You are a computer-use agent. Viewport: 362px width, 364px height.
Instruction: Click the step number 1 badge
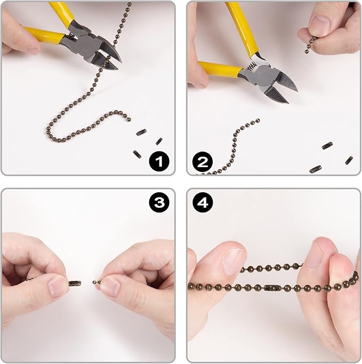159,161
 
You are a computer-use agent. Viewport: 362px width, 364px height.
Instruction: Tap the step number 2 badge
203,161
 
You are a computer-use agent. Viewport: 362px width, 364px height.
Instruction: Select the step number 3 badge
159,202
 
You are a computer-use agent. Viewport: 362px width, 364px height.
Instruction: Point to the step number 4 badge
203,202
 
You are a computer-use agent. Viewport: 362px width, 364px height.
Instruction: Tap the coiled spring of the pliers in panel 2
252,67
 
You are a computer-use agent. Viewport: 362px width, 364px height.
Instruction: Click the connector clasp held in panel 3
75,283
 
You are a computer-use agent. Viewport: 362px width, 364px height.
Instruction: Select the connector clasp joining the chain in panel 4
273,288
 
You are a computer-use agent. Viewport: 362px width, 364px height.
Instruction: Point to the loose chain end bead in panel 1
129,120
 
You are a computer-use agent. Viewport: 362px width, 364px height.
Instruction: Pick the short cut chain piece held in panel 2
310,45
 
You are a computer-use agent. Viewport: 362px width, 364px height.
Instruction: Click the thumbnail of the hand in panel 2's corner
320,25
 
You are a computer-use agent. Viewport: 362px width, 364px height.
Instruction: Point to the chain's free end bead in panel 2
258,120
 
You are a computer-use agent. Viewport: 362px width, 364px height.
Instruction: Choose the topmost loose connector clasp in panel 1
141,132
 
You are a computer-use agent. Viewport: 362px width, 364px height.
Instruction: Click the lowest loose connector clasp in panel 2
316,169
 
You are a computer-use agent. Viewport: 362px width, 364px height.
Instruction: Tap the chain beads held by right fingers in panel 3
97,282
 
